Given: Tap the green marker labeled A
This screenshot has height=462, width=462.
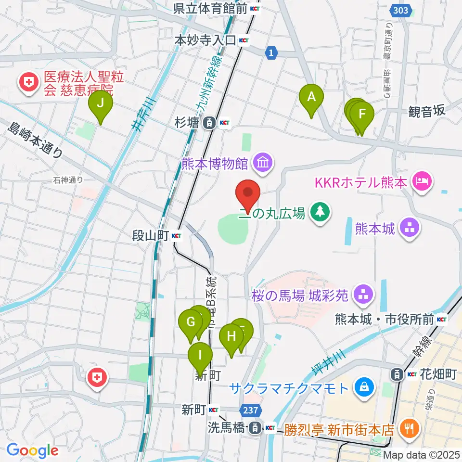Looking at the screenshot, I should coord(311,99).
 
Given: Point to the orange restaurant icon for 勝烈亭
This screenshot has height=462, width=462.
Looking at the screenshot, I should coord(410,427).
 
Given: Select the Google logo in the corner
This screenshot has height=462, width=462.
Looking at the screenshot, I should coord(33,450).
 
